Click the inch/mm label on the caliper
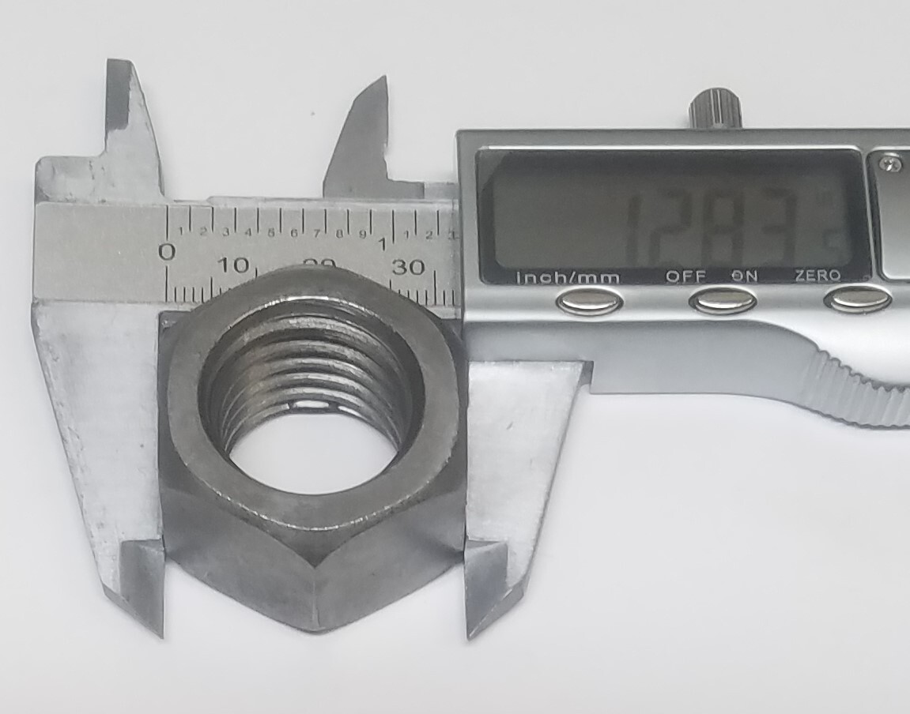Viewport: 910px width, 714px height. click(x=568, y=277)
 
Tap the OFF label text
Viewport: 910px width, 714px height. click(x=685, y=276)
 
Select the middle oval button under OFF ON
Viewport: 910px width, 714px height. click(x=722, y=300)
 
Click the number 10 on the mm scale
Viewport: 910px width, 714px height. click(x=234, y=265)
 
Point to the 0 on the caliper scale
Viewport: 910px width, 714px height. click(x=167, y=252)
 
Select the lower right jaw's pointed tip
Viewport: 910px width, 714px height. click(x=471, y=632)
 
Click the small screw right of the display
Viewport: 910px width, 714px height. click(x=893, y=163)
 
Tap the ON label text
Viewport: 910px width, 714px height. click(x=744, y=276)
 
